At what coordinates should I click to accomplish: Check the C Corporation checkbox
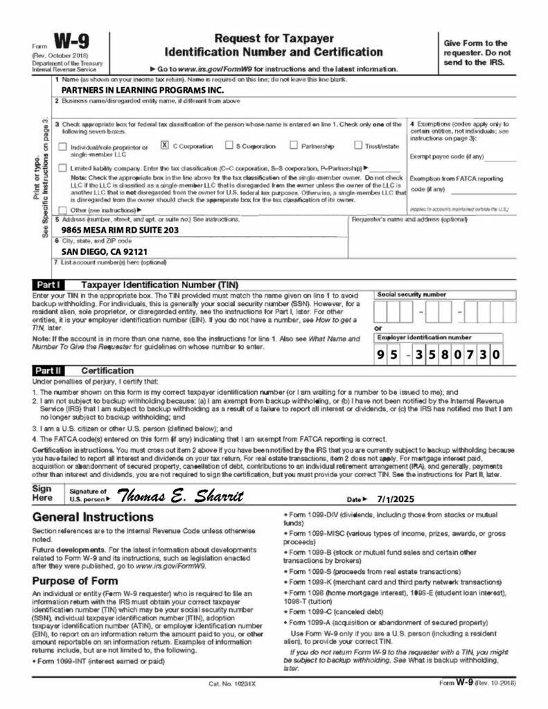point(164,145)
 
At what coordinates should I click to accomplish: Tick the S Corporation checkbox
point(229,145)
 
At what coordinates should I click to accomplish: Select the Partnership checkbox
point(294,145)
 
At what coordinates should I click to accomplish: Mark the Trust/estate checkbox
point(358,145)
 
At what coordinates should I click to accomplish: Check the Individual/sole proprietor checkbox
point(64,147)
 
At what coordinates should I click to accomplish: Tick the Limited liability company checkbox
point(64,168)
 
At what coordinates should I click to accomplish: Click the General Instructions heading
point(93,517)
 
